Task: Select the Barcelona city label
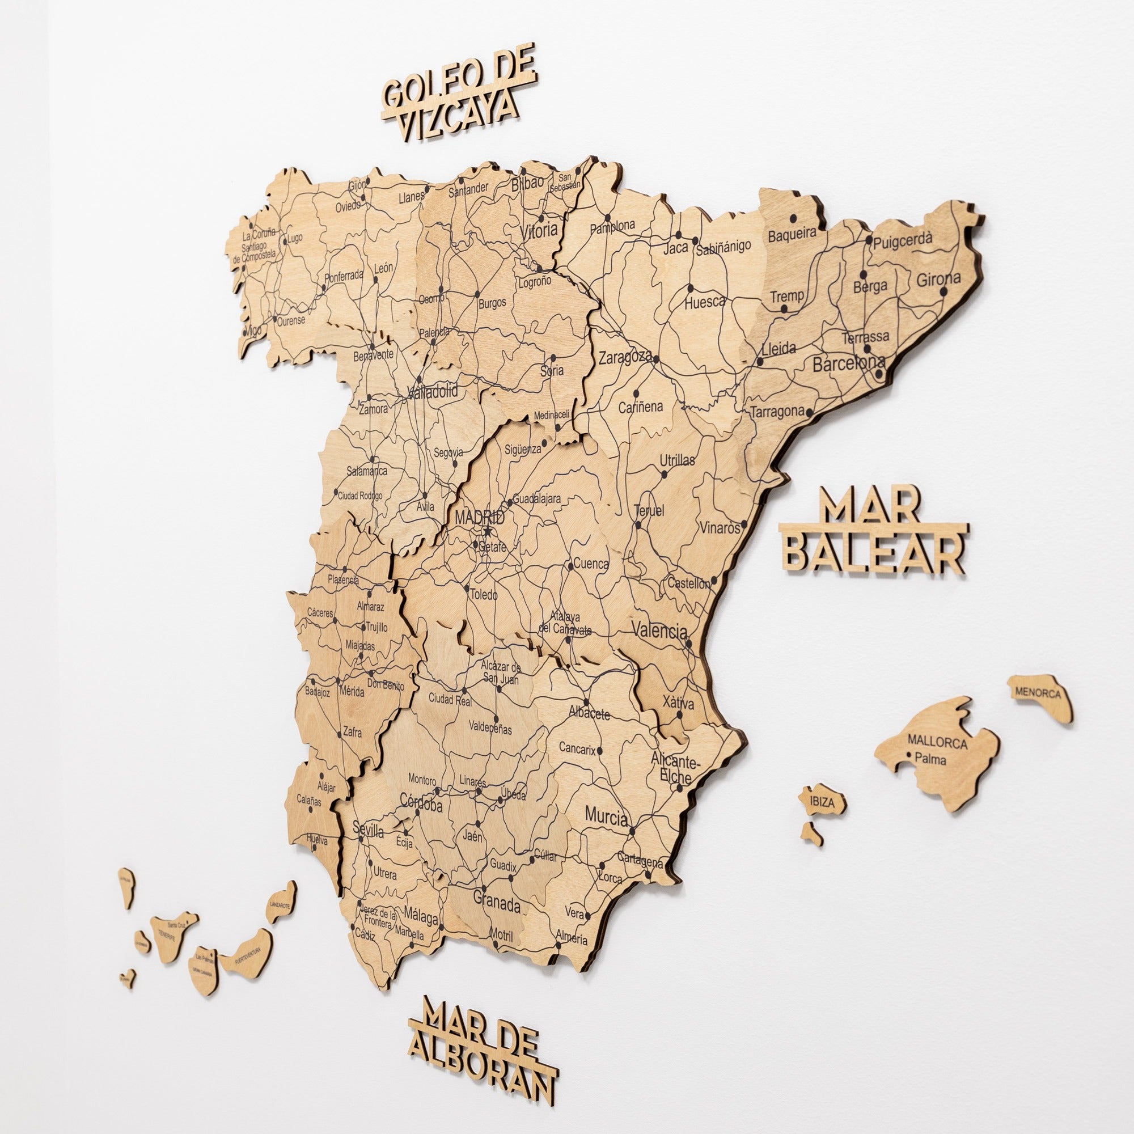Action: [x=848, y=364]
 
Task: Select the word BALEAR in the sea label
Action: [x=874, y=555]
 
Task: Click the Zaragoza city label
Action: [x=625, y=357]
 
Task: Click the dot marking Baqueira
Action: [x=794, y=218]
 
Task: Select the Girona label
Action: [x=938, y=279]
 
